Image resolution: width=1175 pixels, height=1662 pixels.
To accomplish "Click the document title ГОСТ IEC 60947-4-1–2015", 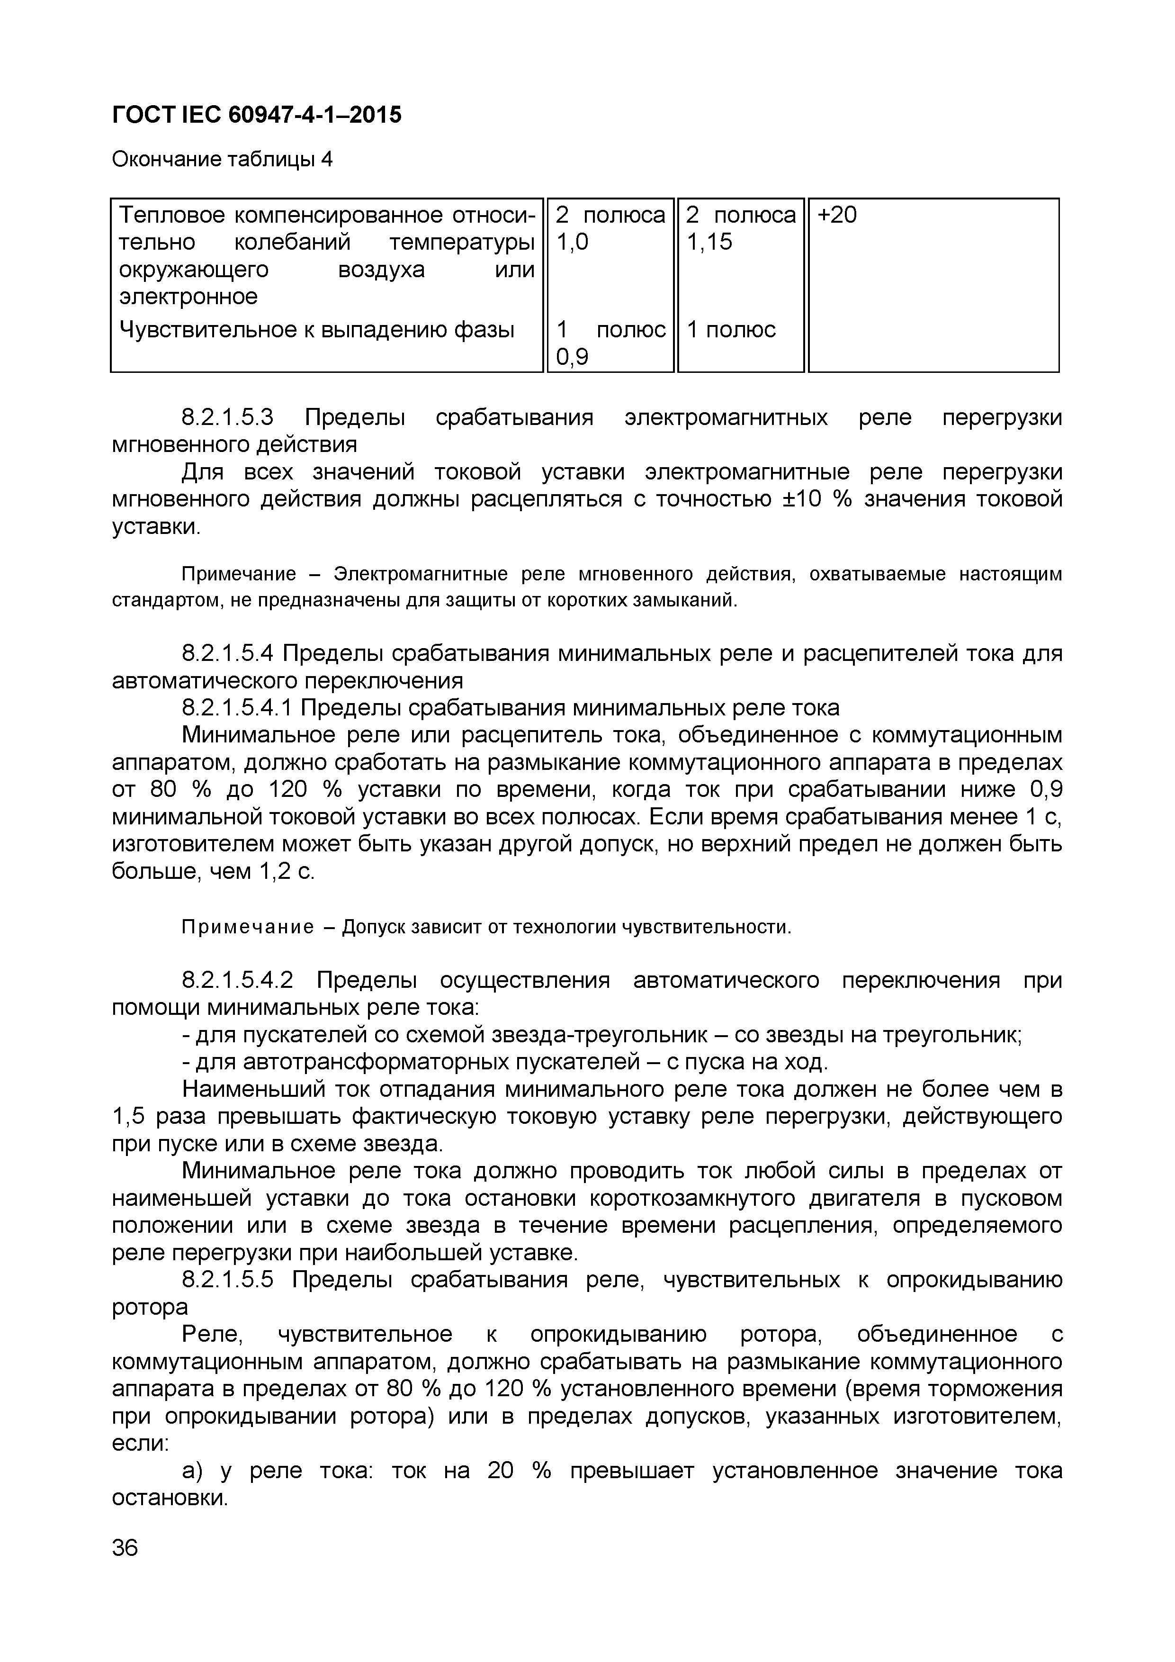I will (x=256, y=114).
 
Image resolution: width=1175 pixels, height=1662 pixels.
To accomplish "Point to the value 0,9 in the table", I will (x=572, y=357).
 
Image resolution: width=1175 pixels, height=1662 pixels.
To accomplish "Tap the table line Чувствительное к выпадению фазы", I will (x=316, y=330).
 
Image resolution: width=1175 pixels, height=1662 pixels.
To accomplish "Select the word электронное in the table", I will (x=188, y=297).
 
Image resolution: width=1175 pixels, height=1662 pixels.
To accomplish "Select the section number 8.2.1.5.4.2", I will (x=237, y=980).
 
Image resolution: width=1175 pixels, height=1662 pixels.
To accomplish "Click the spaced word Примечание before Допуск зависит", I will (x=247, y=927).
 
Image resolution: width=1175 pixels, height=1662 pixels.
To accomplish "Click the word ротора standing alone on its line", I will (x=149, y=1307).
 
